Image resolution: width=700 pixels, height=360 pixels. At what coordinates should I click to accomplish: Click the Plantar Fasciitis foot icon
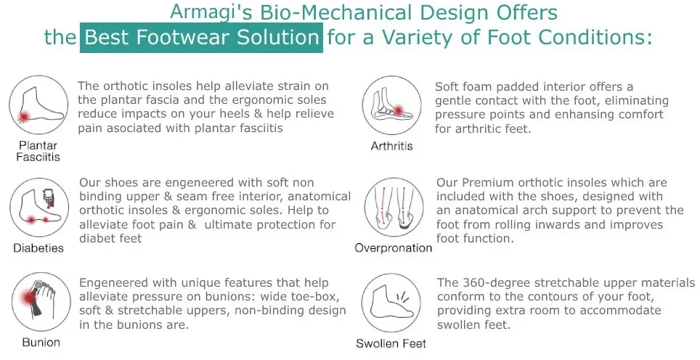[x=38, y=105]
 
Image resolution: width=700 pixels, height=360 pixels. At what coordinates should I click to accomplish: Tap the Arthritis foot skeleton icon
[x=391, y=105]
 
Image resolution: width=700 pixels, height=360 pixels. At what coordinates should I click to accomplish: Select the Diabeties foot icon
[x=39, y=208]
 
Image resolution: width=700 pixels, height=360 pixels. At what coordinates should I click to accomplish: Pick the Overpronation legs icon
[x=394, y=208]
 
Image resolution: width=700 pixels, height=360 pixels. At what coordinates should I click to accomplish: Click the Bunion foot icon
[x=41, y=302]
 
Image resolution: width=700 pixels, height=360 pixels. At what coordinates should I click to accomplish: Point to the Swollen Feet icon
[x=391, y=303]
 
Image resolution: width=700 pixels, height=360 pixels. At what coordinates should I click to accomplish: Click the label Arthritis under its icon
[x=391, y=146]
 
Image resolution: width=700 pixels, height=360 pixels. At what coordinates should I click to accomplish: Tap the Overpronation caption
[x=394, y=248]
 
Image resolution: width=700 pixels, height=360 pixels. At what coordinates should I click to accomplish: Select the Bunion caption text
[x=41, y=343]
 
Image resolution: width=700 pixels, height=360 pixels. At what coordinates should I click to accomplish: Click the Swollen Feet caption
[x=391, y=343]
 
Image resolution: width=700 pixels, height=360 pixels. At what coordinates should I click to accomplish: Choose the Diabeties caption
[x=38, y=248]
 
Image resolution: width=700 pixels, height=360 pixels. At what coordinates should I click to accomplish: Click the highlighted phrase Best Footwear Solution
[x=201, y=38]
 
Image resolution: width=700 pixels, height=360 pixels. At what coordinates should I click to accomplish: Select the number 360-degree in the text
[x=497, y=283]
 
